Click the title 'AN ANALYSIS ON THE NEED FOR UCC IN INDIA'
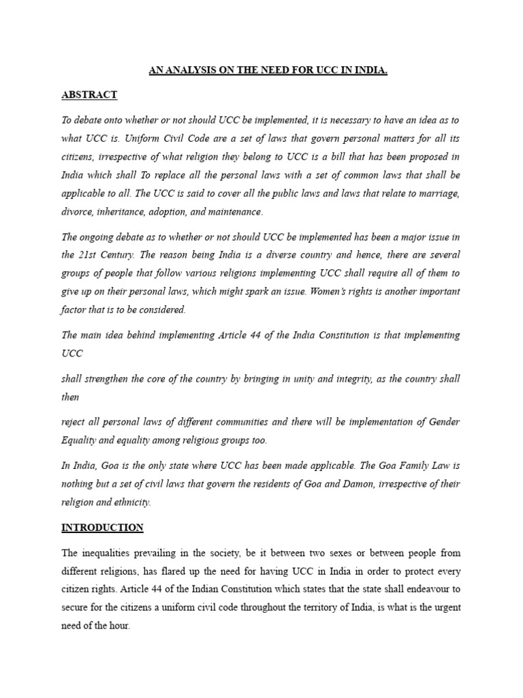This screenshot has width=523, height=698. point(268,70)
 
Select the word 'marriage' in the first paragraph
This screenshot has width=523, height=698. point(437,194)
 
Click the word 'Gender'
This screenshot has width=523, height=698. point(444,422)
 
